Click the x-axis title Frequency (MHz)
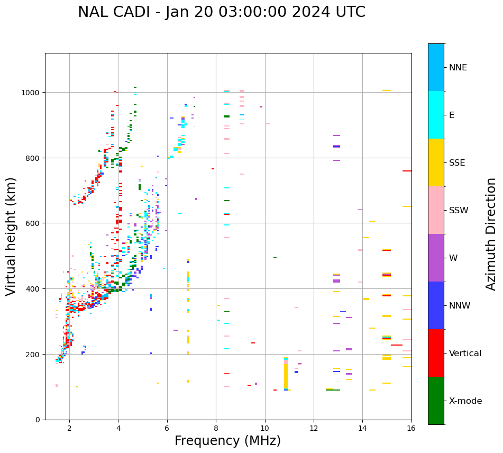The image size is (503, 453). [227, 441]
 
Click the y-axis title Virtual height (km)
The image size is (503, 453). [12, 236]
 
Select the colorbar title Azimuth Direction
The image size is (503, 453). [491, 234]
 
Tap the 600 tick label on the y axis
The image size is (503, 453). [34, 223]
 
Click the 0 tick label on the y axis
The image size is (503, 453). [38, 420]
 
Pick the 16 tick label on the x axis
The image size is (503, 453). [411, 429]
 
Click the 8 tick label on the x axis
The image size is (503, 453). [216, 429]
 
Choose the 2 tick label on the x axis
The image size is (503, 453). [69, 429]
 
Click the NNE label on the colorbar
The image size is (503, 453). [458, 68]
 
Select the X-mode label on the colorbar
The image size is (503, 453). [465, 401]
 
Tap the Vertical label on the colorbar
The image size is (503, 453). [465, 354]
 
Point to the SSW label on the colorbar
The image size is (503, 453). [459, 211]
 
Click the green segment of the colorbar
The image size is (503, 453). [436, 401]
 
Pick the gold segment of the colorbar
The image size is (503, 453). [436, 162]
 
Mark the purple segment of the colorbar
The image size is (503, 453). [436, 258]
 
